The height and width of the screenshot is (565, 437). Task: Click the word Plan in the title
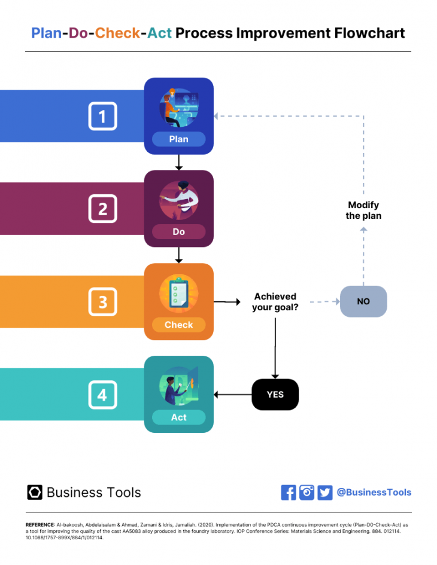coord(46,33)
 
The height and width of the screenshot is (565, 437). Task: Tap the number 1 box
coord(102,116)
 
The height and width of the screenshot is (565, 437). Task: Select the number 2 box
coord(102,209)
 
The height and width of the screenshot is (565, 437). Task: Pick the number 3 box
coord(102,302)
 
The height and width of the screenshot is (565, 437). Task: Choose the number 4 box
coord(102,395)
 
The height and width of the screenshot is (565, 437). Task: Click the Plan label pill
coord(178,139)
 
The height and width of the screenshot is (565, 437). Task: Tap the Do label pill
coord(178,232)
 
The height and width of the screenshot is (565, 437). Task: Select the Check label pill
coord(178,325)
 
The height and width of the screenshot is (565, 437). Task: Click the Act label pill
coord(178,417)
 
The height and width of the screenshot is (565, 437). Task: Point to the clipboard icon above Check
coord(178,293)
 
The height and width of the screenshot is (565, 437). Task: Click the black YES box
coord(275,395)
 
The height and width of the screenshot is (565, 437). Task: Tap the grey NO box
coord(363,301)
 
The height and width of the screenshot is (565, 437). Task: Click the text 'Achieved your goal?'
coord(275,302)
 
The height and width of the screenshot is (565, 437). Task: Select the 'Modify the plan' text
coord(363,210)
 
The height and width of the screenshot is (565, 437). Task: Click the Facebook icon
coord(289,492)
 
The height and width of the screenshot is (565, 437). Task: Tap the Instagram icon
coord(306,492)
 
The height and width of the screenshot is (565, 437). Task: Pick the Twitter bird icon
coord(325,492)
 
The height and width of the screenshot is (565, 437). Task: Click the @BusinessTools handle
coord(374,492)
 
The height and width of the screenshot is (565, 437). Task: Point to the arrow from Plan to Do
coord(178,162)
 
